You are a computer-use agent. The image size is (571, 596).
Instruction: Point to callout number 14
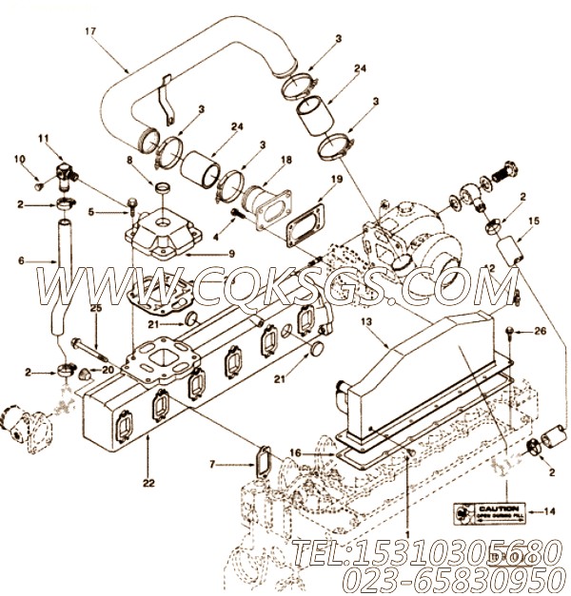[550, 512]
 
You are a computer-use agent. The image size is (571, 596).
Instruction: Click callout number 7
[213, 465]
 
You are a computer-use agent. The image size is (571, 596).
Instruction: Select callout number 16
[295, 455]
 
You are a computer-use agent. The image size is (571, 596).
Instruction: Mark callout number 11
[42, 139]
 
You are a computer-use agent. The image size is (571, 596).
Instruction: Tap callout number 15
[534, 221]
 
